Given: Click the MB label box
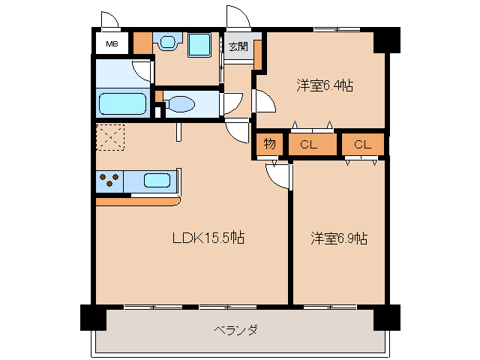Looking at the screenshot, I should pos(112,43).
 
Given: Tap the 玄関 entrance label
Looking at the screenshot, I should pos(238,47).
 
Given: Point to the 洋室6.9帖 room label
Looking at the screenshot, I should pos(339,238).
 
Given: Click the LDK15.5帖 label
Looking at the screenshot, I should pos(208,238).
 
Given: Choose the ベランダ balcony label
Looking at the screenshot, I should pos(235,330).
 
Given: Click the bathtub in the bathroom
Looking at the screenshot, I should pos(122,103).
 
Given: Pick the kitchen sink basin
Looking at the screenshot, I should pos(157,181).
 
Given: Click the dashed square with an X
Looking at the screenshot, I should pos(110,138).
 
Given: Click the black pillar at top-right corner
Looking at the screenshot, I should pos(386,40).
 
